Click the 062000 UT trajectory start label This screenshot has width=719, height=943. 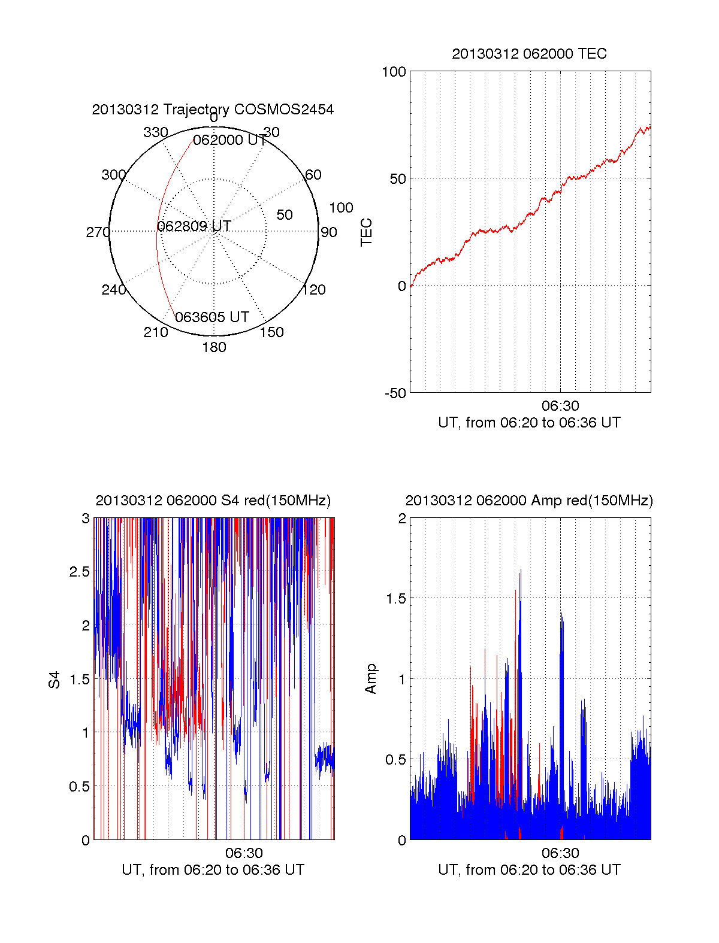pyautogui.click(x=229, y=140)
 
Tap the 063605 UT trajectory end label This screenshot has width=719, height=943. pyautogui.click(x=212, y=317)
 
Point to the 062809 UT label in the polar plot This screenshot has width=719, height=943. pyautogui.click(x=194, y=226)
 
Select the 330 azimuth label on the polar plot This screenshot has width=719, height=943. pyautogui.click(x=155, y=132)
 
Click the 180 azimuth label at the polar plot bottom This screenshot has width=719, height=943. pyautogui.click(x=214, y=347)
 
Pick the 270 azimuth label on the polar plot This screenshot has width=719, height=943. pyautogui.click(x=98, y=232)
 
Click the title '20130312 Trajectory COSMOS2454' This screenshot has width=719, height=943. pyautogui.click(x=213, y=110)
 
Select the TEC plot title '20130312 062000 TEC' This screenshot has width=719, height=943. pyautogui.click(x=529, y=54)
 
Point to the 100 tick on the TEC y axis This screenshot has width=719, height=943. pyautogui.click(x=394, y=72)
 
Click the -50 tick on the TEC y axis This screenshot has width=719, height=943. pyautogui.click(x=395, y=393)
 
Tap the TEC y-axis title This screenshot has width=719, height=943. pyautogui.click(x=366, y=232)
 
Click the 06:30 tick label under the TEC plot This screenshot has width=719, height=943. pyautogui.click(x=560, y=407)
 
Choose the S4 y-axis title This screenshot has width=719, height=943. pyautogui.click(x=55, y=680)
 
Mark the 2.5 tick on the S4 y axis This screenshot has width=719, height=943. pyautogui.click(x=80, y=572)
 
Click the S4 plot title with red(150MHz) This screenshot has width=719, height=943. pyautogui.click(x=213, y=501)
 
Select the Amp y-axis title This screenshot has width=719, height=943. pyautogui.click(x=371, y=679)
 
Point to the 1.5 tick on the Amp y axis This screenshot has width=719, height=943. pyautogui.click(x=395, y=599)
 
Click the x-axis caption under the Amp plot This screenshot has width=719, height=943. pyautogui.click(x=529, y=870)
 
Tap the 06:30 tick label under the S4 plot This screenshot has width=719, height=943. pyautogui.click(x=244, y=853)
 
